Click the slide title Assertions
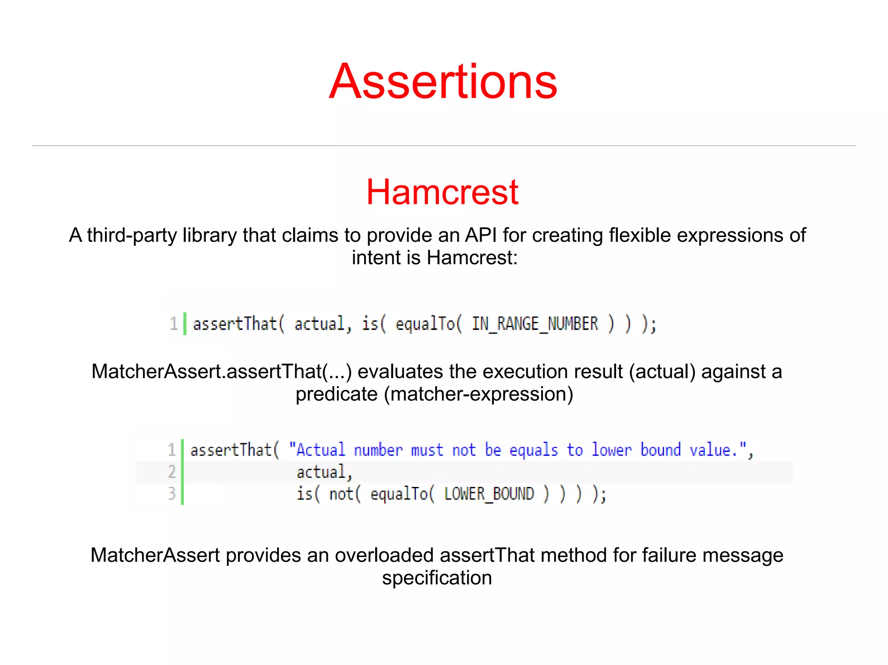coord(443,81)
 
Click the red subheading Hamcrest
coord(442,192)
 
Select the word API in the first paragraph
coord(481,235)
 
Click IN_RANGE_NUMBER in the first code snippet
coord(535,324)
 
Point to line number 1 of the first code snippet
coord(173,324)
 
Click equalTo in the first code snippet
coord(425,324)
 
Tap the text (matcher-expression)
coord(479,394)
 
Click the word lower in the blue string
coord(611,450)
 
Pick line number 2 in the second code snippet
coord(172,472)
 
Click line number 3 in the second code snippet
coord(172,494)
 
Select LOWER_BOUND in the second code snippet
coord(489,494)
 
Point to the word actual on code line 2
coord(321,472)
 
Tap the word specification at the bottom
coord(437,578)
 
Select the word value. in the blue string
coord(713,450)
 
